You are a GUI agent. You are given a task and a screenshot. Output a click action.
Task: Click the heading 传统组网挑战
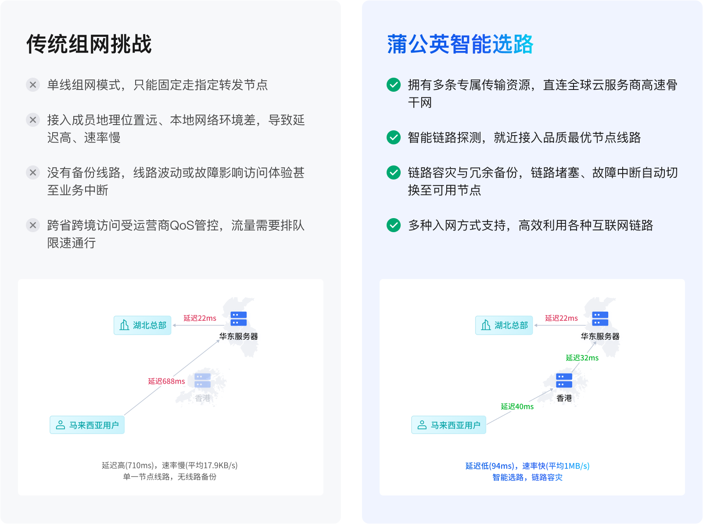coord(89,44)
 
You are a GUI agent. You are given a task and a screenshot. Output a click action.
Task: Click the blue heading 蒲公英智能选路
coord(460,44)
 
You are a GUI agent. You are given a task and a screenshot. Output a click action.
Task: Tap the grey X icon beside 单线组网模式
coord(32,85)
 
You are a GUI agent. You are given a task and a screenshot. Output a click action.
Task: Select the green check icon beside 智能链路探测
coord(394,137)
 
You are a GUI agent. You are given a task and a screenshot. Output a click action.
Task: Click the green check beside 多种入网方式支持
coord(394,225)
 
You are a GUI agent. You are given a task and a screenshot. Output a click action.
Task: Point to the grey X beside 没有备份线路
coord(32,172)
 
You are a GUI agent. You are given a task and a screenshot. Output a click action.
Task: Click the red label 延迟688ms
coord(167,381)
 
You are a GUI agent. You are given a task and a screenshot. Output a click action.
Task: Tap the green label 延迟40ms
coord(517,406)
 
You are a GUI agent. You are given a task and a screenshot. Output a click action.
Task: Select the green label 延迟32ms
coord(582,358)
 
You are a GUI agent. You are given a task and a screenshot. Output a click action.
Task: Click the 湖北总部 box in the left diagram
coord(143,326)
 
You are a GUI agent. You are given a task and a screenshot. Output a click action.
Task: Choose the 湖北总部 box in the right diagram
coord(504,326)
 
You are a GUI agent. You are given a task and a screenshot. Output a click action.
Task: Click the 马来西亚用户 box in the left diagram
coord(87,425)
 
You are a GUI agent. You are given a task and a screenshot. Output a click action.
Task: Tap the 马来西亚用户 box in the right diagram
coord(449,425)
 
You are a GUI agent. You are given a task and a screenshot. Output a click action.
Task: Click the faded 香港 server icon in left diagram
coord(203,380)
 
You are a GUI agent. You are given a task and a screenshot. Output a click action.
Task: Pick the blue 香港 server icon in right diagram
coord(564,380)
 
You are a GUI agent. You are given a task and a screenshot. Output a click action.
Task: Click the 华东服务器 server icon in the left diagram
coord(239,319)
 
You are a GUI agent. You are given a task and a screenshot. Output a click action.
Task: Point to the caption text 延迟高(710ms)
coord(128,465)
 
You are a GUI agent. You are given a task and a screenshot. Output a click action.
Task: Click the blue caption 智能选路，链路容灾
coord(527,477)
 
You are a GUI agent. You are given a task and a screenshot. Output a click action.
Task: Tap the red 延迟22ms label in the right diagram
coord(561,318)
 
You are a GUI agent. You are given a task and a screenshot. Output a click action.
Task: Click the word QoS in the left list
coord(182,225)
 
